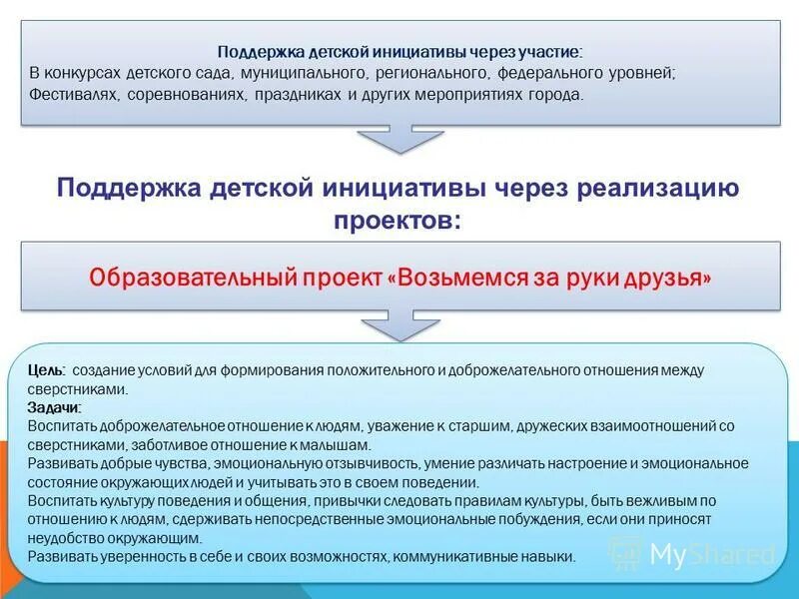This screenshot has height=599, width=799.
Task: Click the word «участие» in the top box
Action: tap(548, 53)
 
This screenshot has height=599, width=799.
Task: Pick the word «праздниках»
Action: tap(304, 95)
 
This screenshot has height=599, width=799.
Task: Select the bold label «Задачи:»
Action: tap(55, 407)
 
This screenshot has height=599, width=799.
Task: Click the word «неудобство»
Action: tap(63, 537)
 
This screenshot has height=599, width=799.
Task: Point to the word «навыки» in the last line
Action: tap(547, 556)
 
